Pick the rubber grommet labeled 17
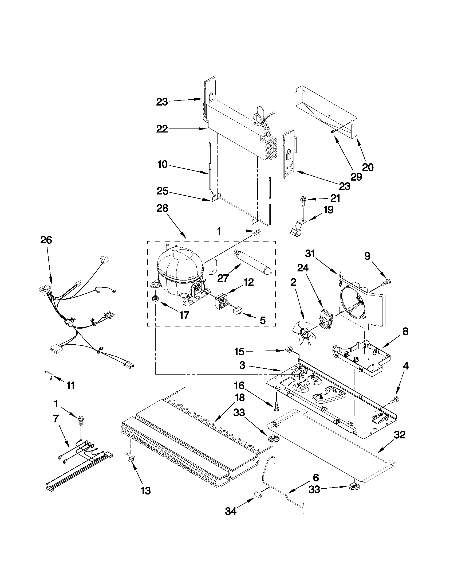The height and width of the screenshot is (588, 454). tap(155, 299)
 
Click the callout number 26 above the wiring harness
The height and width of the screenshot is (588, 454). tap(46, 240)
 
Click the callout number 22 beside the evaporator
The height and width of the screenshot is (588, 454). tap(162, 129)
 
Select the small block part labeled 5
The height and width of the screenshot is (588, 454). tap(237, 311)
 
